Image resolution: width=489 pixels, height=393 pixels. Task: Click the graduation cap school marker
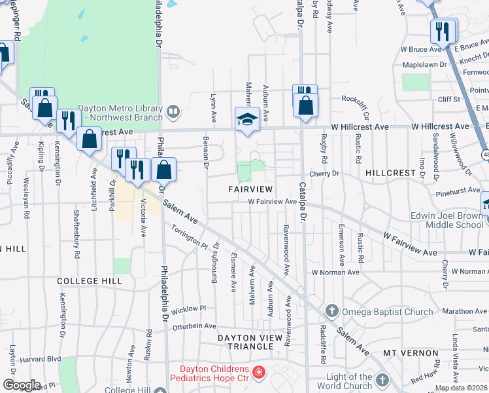246,120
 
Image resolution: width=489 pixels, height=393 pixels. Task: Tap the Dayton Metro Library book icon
173,112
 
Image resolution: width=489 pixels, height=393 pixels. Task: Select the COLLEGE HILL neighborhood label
90,281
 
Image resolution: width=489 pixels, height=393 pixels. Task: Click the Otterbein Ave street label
193,326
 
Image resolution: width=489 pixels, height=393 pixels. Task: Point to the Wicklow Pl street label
189,308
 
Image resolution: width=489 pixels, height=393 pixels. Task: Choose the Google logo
22,385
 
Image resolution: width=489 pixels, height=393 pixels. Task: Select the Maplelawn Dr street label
425,65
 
